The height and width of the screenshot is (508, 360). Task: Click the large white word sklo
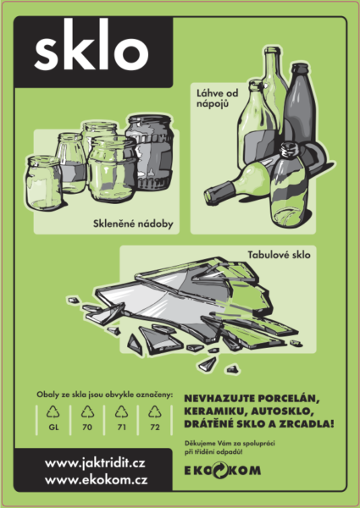(91, 47)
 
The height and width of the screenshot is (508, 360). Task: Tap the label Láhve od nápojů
(217, 98)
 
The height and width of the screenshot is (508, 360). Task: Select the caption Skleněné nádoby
(133, 224)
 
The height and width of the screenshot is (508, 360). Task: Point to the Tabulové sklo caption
(279, 255)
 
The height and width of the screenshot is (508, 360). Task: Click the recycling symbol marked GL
(53, 412)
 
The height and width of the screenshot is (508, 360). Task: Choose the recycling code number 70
(87, 428)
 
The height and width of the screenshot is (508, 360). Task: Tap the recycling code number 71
(121, 428)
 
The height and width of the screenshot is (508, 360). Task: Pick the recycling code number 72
(155, 428)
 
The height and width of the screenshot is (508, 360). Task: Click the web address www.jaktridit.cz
(95, 464)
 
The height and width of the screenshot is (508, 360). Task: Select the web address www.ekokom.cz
(97, 480)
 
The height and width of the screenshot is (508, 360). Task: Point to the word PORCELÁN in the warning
(290, 399)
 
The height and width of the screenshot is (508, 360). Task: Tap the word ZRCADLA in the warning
(307, 424)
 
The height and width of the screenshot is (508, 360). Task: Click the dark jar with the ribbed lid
(149, 152)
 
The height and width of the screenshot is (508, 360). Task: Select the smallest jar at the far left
(44, 183)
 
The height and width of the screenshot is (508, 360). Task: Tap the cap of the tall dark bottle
(300, 69)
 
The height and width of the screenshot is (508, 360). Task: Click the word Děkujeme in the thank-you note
(196, 444)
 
